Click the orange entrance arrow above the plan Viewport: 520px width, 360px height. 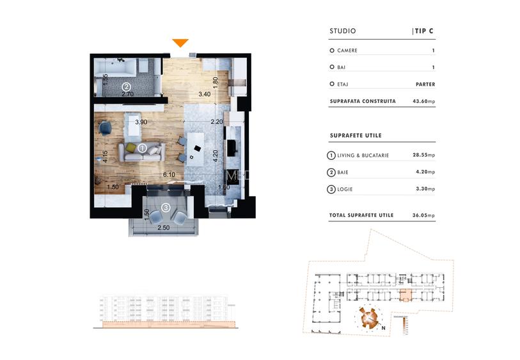pos(180,43)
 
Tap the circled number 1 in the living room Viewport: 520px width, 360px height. pos(143,148)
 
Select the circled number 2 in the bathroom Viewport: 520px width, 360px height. pos(127,87)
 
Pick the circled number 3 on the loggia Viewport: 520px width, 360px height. pos(166,207)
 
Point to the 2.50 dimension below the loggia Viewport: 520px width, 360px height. pos(163,227)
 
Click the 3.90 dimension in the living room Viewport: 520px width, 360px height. pos(141,121)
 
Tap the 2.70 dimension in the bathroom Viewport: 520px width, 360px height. pos(127,95)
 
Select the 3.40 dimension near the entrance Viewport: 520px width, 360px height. pos(204,95)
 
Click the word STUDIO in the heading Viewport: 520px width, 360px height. pos(343,31)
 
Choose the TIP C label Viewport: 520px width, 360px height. pos(424,31)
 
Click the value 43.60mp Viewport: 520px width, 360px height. pos(422,101)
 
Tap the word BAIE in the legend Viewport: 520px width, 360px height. pos(344,172)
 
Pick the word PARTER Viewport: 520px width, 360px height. pos(424,84)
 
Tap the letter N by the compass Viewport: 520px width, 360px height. pos(382,329)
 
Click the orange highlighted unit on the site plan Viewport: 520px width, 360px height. pos(406,295)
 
